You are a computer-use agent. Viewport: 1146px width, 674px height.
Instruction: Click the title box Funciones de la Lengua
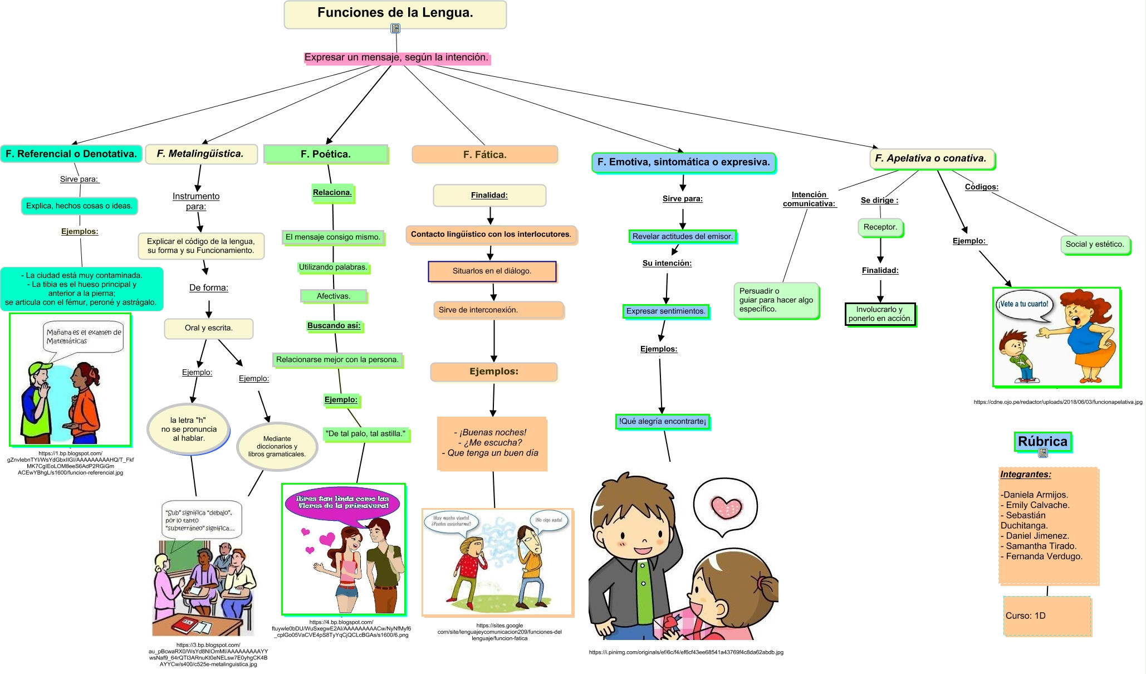(x=395, y=13)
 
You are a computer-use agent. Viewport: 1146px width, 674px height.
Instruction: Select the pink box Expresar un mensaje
(x=396, y=57)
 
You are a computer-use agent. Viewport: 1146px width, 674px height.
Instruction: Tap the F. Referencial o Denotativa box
(x=71, y=154)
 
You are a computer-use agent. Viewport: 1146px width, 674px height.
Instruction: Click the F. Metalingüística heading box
(x=200, y=154)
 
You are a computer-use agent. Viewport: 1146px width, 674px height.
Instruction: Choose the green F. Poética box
(x=326, y=154)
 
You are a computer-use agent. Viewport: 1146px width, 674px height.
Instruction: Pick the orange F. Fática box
(x=484, y=155)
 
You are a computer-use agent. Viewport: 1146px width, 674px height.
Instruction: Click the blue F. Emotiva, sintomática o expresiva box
(x=683, y=162)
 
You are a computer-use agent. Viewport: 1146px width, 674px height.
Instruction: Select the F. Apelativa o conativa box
(x=931, y=158)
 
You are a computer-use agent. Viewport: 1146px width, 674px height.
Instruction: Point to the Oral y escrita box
(x=209, y=328)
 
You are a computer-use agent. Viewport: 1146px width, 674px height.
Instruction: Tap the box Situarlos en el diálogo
(x=492, y=271)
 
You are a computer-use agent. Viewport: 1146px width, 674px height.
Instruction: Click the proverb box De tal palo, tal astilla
(x=365, y=433)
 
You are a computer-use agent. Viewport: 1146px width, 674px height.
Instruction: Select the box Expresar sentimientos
(x=665, y=311)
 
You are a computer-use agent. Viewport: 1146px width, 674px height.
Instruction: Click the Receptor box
(x=880, y=227)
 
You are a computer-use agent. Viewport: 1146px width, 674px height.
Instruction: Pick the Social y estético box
(x=1094, y=244)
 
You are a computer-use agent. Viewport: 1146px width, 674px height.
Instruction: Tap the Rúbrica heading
(x=1042, y=442)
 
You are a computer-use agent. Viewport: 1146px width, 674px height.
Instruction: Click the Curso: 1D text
(x=1025, y=616)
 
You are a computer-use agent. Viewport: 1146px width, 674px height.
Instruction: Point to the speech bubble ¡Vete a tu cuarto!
(x=1023, y=305)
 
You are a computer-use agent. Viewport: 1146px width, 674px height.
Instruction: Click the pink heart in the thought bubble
(x=726, y=506)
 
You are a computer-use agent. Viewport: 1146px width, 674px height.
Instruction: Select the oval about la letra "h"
(x=188, y=429)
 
